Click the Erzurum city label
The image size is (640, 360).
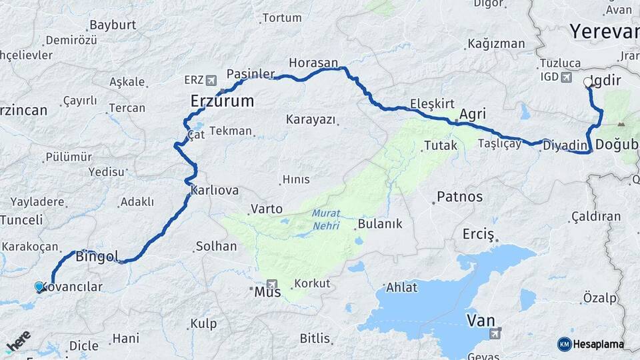coord(222,101)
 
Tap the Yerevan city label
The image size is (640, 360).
coord(604,31)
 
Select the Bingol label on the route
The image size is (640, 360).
coord(97,256)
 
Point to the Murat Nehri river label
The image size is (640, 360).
coord(325,219)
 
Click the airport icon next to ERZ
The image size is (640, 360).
coord(212,81)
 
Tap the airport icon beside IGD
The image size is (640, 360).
coord(567,77)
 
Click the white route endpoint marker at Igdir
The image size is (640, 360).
coord(588,83)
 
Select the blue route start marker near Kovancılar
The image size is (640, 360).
coord(39,287)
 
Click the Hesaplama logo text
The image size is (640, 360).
coord(599,344)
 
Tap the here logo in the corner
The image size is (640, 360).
coord(18,341)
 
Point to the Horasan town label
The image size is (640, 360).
coord(313,63)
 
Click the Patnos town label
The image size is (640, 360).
coord(459,197)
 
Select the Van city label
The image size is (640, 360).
coord(480,321)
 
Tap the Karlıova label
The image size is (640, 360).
coord(214,191)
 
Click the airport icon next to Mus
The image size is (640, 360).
coord(271,284)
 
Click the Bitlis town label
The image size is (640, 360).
coord(315,337)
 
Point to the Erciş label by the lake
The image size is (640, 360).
coord(479,234)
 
